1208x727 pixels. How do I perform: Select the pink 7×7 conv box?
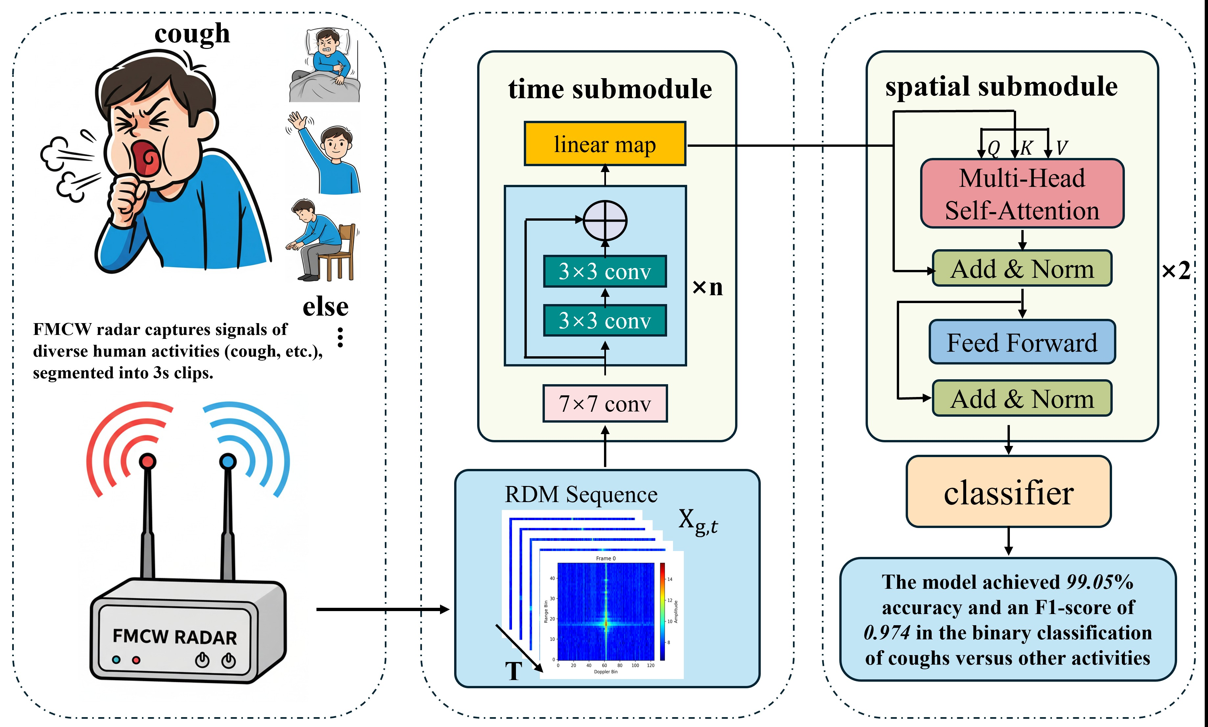click(605, 404)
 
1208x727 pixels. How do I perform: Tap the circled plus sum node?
click(605, 221)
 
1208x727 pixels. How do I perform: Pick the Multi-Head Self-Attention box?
click(1022, 193)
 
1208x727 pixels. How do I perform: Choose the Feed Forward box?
click(1022, 342)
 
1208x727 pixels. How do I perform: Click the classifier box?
click(1009, 492)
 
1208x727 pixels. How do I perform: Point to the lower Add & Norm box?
click(1022, 398)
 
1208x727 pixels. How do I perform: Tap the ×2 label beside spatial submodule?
click(1176, 271)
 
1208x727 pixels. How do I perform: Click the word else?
click(326, 307)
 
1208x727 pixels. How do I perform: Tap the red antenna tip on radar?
click(148, 461)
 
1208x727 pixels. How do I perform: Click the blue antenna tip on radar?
click(227, 461)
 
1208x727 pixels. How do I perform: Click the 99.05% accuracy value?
click(1100, 582)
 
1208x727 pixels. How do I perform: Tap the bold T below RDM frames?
click(513, 671)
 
